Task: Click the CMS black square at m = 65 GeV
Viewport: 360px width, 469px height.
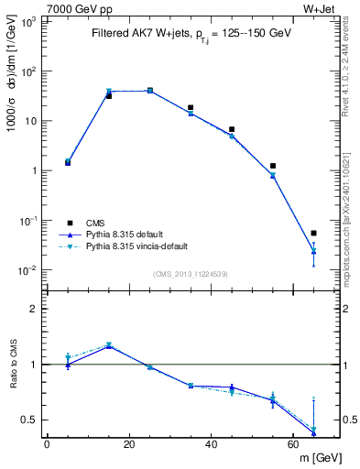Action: point(313,234)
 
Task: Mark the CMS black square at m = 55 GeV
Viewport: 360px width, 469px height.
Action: point(272,166)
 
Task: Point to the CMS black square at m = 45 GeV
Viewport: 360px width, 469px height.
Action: point(232,130)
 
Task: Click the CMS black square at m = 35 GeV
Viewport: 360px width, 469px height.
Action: point(191,108)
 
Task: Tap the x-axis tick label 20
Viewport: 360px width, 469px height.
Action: point(128,444)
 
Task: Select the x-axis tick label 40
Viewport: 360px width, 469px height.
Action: point(211,444)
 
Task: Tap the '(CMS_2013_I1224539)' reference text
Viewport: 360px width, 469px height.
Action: point(191,273)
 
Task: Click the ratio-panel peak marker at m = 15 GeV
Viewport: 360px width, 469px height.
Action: point(109,345)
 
